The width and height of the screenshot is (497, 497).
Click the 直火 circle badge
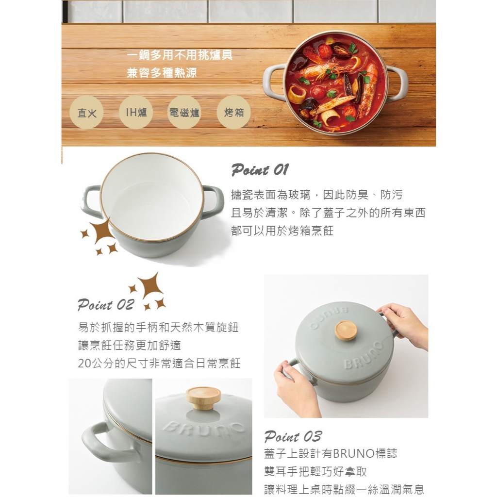(86, 113)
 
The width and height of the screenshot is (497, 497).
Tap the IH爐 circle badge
(136, 112)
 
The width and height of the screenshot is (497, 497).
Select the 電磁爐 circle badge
(184, 112)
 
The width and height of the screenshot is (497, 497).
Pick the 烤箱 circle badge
(233, 112)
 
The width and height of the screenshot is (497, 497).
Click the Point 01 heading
(260, 169)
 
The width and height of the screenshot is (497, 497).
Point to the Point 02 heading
(106, 305)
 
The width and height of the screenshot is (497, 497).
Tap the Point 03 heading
(293, 436)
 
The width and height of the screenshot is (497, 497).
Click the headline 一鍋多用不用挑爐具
(180, 55)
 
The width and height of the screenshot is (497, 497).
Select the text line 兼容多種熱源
(162, 73)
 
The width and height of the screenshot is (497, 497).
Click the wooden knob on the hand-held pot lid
(346, 330)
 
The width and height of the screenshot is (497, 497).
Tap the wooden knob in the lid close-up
(203, 398)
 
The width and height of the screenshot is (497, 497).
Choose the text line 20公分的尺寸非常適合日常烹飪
(159, 363)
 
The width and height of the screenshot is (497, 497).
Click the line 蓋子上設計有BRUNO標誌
(331, 454)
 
